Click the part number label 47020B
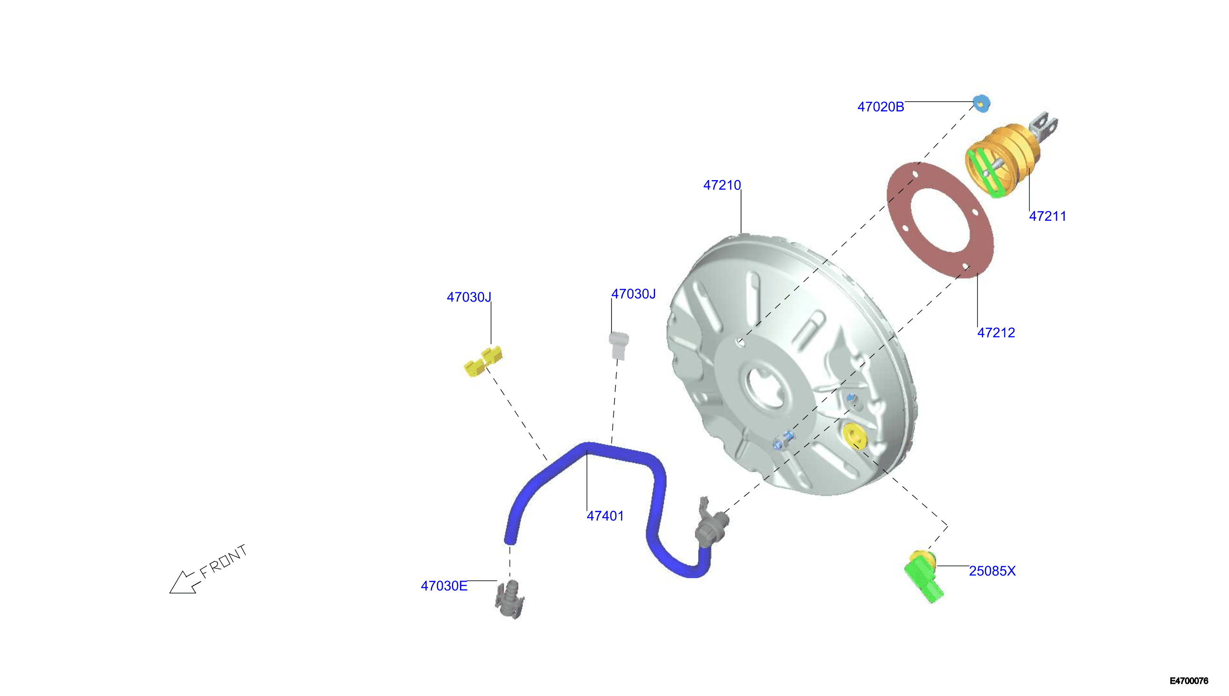tap(880, 107)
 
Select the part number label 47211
tap(1047, 217)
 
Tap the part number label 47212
tap(996, 333)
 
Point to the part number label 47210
tap(722, 185)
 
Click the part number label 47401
tap(605, 516)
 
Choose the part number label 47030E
tap(444, 586)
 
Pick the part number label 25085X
tap(992, 571)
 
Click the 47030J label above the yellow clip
tap(469, 297)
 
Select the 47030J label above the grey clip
tap(633, 294)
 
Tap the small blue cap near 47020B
tap(981, 103)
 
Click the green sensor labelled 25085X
tap(924, 576)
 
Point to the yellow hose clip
tap(483, 362)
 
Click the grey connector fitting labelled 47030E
tap(510, 600)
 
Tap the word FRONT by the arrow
tap(223, 561)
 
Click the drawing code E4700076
tap(1189, 681)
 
